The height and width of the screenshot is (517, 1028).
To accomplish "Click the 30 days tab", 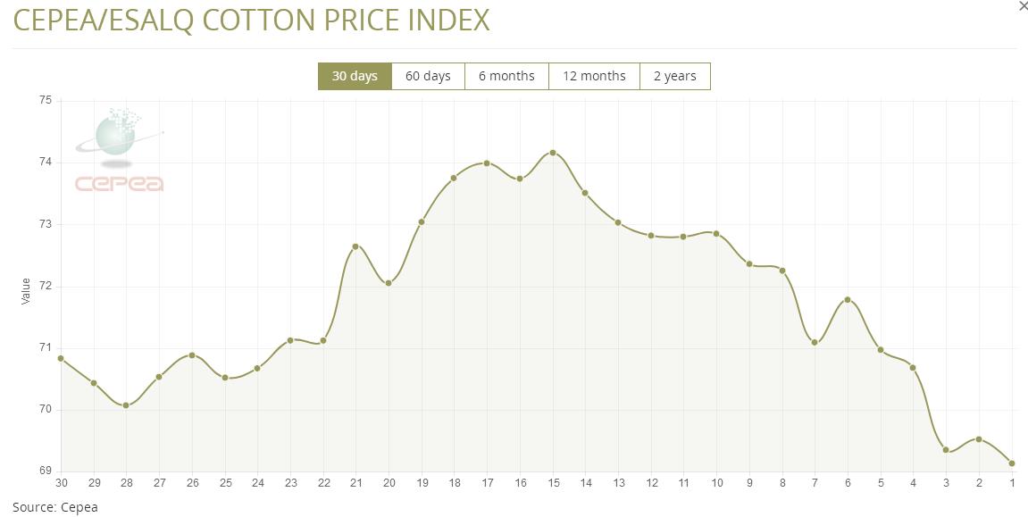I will click(355, 76).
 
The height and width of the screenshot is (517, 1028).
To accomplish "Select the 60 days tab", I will click(428, 76).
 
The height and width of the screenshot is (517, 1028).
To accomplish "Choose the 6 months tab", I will click(506, 76).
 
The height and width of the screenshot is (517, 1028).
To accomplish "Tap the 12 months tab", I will click(594, 76).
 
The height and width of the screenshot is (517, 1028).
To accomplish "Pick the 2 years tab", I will click(674, 76).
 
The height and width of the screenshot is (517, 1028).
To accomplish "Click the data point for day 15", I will click(553, 153).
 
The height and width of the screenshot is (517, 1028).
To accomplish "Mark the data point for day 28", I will click(126, 405).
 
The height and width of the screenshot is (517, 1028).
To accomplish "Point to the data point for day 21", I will click(355, 246).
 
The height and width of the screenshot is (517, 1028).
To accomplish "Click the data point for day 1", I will click(1012, 463).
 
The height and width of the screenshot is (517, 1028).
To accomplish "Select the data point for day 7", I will click(815, 343).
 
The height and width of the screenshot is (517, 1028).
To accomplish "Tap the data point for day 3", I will click(946, 450).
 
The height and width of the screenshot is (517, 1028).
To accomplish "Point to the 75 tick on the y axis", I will click(46, 101).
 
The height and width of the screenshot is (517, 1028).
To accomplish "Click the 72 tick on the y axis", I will click(46, 287).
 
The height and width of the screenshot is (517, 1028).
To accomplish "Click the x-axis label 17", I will click(487, 483).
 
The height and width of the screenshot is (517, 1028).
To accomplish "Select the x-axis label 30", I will click(61, 483).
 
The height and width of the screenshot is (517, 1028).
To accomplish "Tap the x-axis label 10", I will click(716, 483).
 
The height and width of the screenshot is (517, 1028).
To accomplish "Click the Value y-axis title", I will click(26, 291).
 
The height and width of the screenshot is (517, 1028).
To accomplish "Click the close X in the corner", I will click(1024, 6).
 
